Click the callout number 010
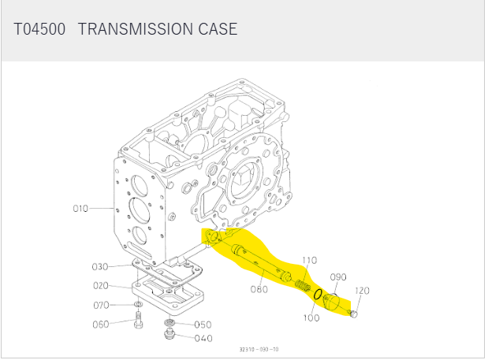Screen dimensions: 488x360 80,208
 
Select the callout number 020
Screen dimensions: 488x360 101,286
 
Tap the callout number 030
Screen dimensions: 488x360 100,267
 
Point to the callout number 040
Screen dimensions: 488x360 203,338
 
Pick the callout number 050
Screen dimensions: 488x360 203,325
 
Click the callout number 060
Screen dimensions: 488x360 101,325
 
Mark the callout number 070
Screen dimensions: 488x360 101,306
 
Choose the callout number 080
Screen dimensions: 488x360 259,289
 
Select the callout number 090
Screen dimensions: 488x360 338,277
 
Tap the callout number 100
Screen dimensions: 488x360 311,317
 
